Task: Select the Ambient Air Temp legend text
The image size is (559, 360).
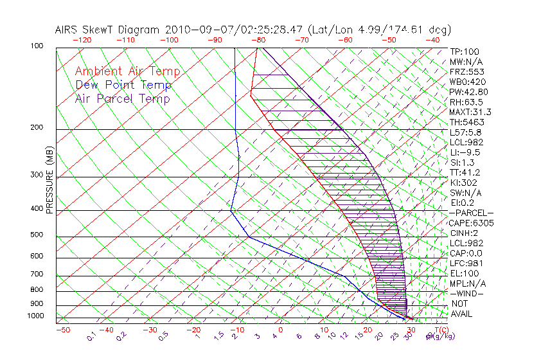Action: click(127, 72)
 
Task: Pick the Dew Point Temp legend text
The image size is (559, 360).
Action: click(123, 85)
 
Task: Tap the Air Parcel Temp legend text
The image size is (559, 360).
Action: click(122, 99)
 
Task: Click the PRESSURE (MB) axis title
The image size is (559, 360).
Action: click(50, 181)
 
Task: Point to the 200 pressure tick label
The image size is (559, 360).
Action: click(37, 128)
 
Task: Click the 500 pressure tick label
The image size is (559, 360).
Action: click(37, 235)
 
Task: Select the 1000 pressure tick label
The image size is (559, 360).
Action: click(35, 316)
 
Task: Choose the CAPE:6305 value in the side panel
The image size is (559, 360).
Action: click(471, 223)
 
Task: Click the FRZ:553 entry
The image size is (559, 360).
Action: click(465, 72)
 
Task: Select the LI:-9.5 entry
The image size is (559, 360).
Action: click(465, 152)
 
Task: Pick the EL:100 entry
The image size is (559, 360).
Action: click(463, 273)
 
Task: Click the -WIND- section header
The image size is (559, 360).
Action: click(467, 293)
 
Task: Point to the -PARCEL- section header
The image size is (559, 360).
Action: click(471, 213)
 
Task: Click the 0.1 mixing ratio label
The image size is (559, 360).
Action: click(91, 335)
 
